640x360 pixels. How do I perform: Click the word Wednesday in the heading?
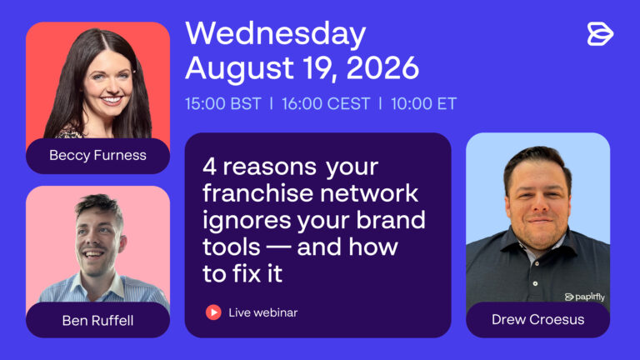click(x=276, y=34)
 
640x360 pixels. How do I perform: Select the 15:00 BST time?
click(x=222, y=103)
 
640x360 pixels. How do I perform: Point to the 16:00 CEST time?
click(x=326, y=103)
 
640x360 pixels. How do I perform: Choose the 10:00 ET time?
click(x=423, y=103)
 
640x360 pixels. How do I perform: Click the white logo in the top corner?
click(x=600, y=34)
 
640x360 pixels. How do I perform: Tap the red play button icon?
click(x=213, y=312)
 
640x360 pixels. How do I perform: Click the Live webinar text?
click(x=262, y=312)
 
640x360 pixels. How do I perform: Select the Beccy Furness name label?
click(x=98, y=155)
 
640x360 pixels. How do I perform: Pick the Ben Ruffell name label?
click(x=98, y=320)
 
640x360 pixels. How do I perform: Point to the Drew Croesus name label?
click(x=538, y=320)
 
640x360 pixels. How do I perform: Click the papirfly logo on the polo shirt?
click(x=584, y=297)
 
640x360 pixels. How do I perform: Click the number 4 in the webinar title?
click(x=209, y=167)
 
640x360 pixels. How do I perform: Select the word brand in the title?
click(x=391, y=220)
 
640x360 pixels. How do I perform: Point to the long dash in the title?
click(x=279, y=247)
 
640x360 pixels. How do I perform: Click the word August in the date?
click(x=239, y=68)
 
